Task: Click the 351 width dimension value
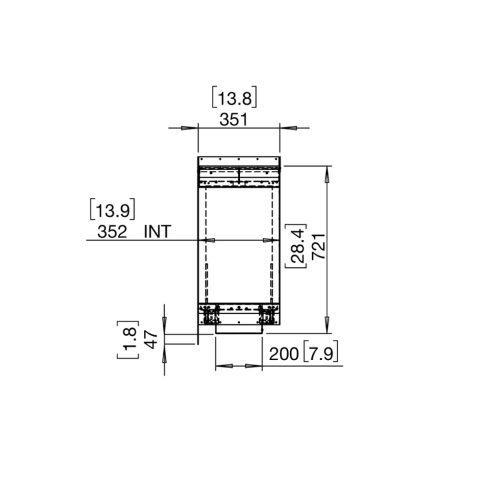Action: (234, 120)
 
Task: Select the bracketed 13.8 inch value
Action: (235, 99)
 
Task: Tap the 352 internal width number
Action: (112, 232)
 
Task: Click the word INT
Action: (157, 232)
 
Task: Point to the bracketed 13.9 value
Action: (112, 211)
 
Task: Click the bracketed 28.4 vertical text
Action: (297, 246)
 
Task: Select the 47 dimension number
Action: (151, 339)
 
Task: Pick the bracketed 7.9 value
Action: (321, 355)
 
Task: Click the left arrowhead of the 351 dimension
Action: (191, 128)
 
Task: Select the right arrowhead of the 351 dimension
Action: (287, 128)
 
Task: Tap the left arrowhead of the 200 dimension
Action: (224, 366)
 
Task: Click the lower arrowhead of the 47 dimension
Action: (164, 351)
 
